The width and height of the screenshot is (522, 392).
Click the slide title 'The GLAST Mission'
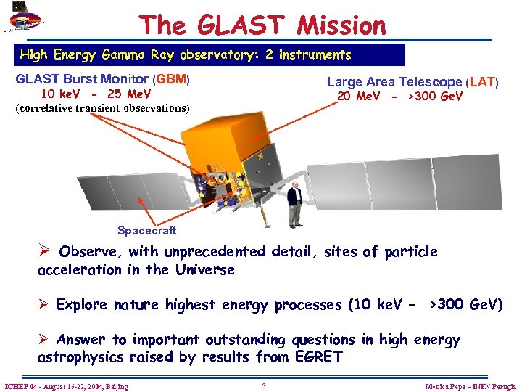coord(263,25)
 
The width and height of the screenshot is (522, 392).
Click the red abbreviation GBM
coord(172,80)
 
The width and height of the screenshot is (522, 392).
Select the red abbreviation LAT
coord(482,83)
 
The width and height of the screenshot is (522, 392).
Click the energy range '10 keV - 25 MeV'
coord(96,94)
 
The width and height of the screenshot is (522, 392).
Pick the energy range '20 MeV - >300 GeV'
coord(399,97)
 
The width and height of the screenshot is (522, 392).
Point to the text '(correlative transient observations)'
coord(102,108)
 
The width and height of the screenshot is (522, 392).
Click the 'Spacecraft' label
coord(146,230)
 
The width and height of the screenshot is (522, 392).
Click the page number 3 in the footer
coord(264,385)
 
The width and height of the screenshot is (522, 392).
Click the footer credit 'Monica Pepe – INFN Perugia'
coord(471,386)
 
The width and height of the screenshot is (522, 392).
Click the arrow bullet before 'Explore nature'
coord(43,304)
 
